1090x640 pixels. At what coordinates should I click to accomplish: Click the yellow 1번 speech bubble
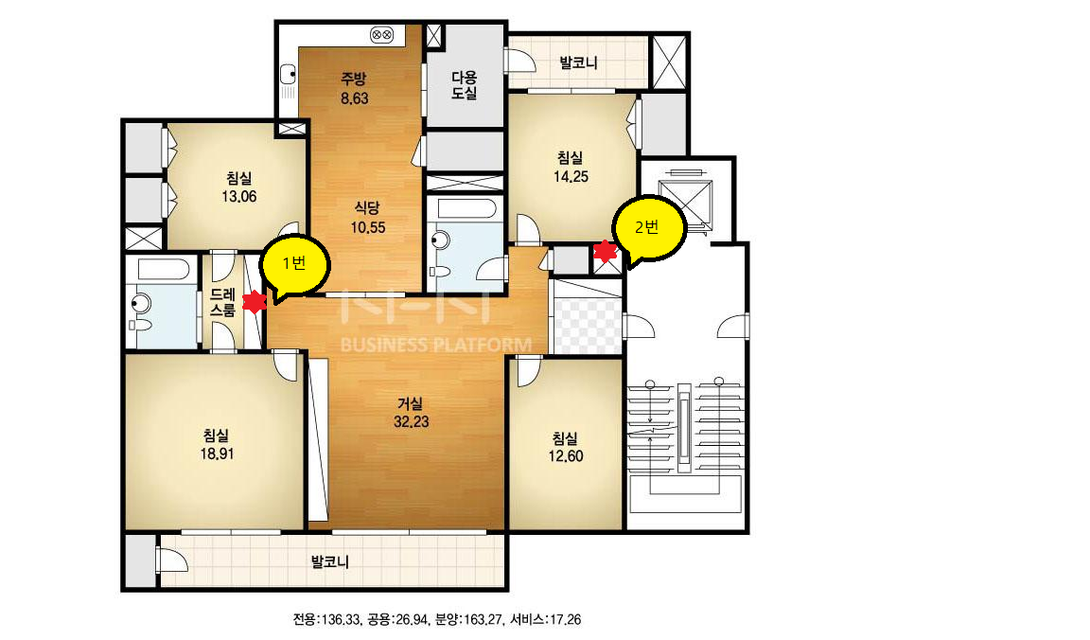click(x=294, y=266)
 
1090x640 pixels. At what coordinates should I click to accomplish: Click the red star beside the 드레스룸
click(x=255, y=301)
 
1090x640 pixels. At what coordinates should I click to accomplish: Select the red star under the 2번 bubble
click(x=606, y=251)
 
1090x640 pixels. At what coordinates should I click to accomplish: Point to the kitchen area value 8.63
click(x=355, y=98)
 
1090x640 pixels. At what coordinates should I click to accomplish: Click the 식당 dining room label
click(x=367, y=207)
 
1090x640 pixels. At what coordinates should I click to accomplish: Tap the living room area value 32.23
click(x=411, y=421)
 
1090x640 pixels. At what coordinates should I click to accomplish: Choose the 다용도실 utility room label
click(x=465, y=85)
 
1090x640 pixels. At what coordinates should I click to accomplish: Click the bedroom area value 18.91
click(x=217, y=453)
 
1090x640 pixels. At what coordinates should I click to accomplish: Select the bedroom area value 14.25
click(x=571, y=177)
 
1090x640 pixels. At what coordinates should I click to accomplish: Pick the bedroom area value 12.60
click(x=566, y=456)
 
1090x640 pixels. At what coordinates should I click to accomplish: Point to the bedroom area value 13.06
click(x=239, y=196)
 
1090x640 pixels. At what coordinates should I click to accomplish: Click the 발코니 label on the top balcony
click(x=578, y=62)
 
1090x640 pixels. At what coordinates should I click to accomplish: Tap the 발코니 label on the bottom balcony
click(x=329, y=561)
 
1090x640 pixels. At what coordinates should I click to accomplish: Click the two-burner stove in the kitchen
click(x=381, y=34)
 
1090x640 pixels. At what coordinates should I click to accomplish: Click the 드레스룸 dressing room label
click(x=222, y=303)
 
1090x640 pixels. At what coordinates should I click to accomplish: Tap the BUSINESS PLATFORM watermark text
click(x=436, y=345)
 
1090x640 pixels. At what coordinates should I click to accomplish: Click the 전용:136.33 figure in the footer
click(x=326, y=619)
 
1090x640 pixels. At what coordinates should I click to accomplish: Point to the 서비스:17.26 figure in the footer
click(x=545, y=619)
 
